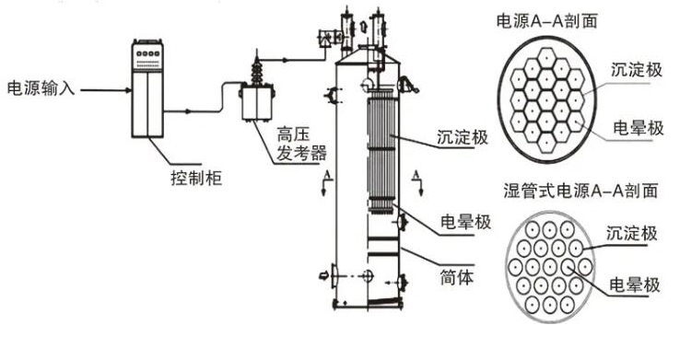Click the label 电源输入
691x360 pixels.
click(x=41, y=88)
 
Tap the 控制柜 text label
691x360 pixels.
click(x=195, y=178)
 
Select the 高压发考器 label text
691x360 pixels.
click(x=301, y=144)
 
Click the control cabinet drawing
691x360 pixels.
click(x=147, y=88)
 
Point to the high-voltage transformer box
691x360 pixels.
click(x=257, y=102)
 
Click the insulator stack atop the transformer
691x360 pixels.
click(x=256, y=71)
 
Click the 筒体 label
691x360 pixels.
click(x=457, y=277)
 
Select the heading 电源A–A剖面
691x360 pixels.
click(x=546, y=21)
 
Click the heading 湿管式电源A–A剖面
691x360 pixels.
click(x=580, y=191)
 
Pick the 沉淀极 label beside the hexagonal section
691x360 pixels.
click(x=636, y=70)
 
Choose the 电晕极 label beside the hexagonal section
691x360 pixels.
click(x=638, y=128)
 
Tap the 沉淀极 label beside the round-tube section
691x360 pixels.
click(x=631, y=233)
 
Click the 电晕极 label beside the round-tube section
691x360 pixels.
click(x=635, y=285)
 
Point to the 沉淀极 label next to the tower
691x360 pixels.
click(x=463, y=137)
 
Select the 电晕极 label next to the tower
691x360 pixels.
click(x=466, y=222)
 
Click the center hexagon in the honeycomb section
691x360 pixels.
click(x=547, y=100)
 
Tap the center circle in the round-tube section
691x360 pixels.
click(x=550, y=267)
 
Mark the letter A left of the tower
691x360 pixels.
click(x=327, y=176)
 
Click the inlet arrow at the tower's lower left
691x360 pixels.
click(x=324, y=276)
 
